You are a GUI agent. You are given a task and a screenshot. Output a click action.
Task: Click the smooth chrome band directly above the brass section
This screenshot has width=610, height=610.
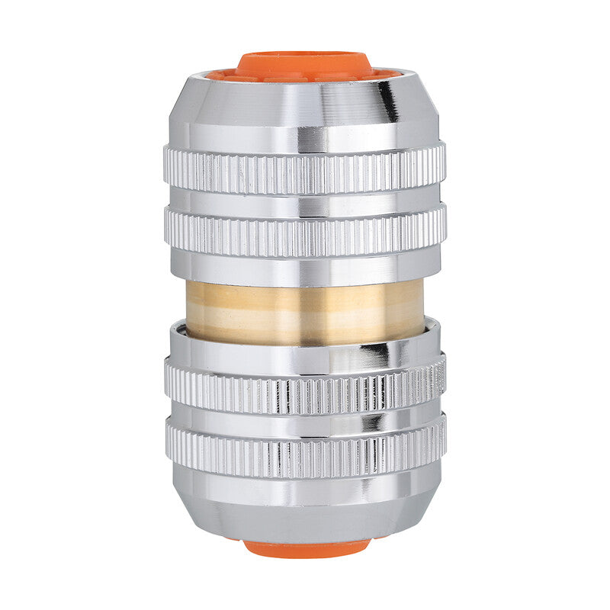click(x=305, y=267)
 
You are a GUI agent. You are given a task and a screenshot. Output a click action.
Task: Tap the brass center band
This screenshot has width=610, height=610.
click(x=305, y=310)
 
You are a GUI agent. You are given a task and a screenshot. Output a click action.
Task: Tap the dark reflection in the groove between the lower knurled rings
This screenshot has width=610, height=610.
click(x=374, y=419)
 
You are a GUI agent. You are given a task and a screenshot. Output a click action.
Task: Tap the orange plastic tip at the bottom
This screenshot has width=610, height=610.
click(x=305, y=547)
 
